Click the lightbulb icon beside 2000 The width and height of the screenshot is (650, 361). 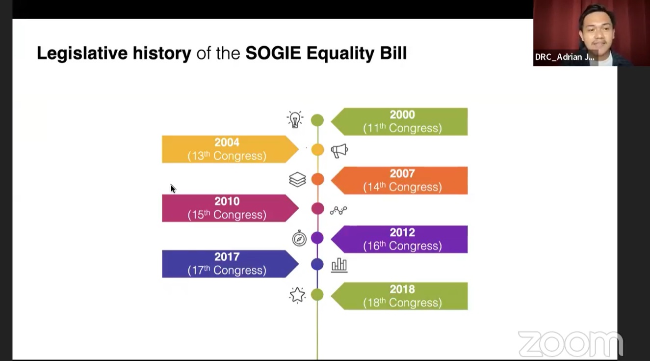coord(295,119)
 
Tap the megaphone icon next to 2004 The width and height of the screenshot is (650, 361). coord(339,151)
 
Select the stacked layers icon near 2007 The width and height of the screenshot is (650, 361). coord(297,179)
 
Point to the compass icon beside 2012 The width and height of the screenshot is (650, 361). coord(299,238)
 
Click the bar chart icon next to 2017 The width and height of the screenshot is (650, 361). coord(339,265)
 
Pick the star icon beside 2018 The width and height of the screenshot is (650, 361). coord(297,295)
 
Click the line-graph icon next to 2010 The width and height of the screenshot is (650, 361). coord(338,210)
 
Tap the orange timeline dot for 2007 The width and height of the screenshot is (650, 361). coord(318,179)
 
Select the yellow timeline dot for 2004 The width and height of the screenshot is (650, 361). coord(318,150)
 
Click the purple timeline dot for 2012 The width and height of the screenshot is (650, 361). coord(317,238)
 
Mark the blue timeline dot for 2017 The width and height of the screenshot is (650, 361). coord(317,264)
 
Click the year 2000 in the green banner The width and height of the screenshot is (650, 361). coord(402,115)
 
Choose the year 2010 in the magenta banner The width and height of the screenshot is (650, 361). coord(227,201)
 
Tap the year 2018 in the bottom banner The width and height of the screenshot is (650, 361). coord(402,289)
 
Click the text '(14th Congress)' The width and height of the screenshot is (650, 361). coord(402,187)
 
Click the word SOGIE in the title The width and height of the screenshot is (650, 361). coord(273,53)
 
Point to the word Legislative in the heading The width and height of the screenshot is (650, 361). coord(82,54)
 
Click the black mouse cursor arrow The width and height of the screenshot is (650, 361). coord(173,189)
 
